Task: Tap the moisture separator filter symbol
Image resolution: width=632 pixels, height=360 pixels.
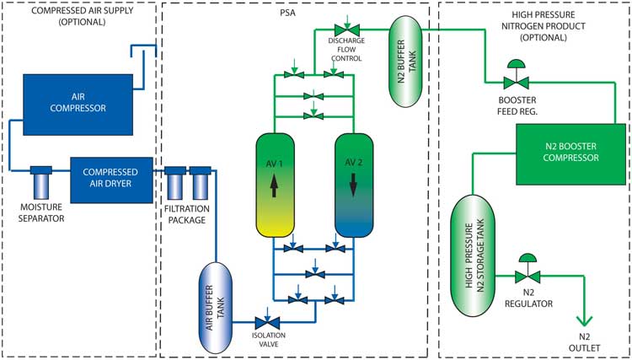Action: tap(41, 180)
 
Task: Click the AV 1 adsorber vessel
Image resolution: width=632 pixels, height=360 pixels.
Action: tap(274, 183)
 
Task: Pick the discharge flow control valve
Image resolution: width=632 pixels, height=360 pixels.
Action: tap(346, 30)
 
